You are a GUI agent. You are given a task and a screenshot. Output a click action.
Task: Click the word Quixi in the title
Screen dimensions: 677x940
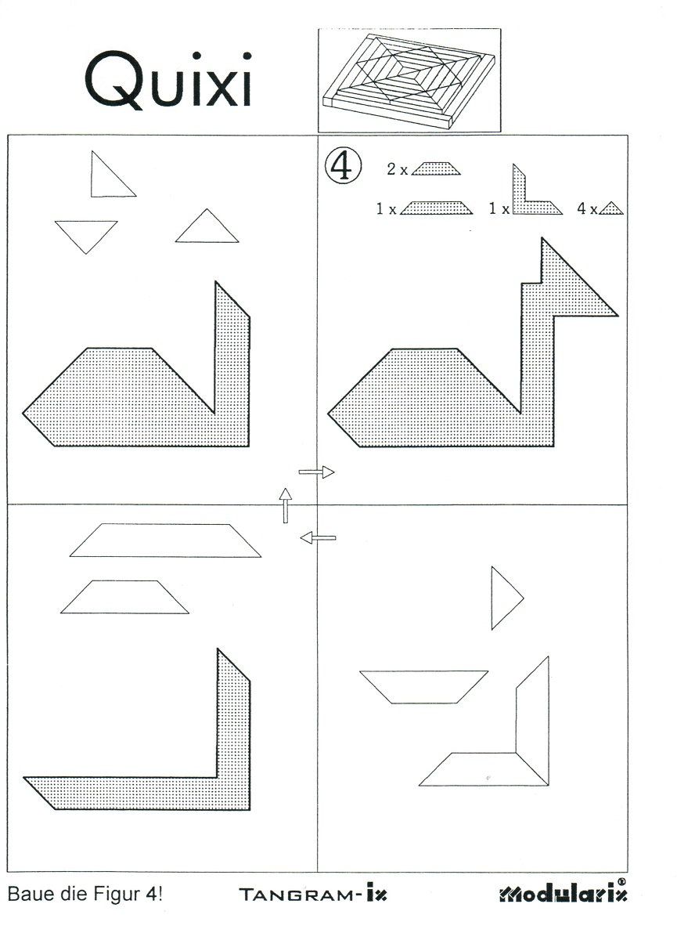[x=168, y=80]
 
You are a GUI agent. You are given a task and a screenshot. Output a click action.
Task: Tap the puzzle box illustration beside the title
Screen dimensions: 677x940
[x=409, y=80]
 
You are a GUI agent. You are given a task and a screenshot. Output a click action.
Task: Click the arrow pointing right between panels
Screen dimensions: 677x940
[x=316, y=472]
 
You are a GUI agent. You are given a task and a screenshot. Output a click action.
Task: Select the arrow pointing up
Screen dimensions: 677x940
[x=286, y=505]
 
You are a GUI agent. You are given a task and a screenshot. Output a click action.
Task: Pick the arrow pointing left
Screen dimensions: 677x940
[x=319, y=537]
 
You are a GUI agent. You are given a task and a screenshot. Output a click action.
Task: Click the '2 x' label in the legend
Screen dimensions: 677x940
[x=397, y=169]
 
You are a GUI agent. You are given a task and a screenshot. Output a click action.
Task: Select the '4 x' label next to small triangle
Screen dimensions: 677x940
[x=587, y=208]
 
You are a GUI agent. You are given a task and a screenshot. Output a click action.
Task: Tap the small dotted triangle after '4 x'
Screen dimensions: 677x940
[x=611, y=209]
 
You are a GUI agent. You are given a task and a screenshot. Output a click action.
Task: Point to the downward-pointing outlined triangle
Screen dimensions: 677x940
[x=86, y=233]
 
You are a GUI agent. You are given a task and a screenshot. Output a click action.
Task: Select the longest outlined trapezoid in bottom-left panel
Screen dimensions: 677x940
[x=166, y=540]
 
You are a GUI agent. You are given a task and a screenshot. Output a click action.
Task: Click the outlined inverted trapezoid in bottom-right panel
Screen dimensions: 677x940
[x=423, y=686]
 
